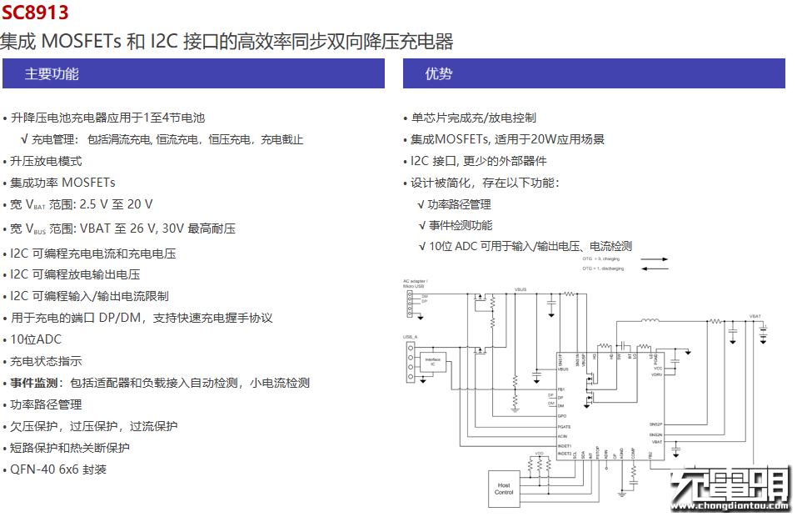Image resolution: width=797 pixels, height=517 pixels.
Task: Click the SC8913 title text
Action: coord(35,13)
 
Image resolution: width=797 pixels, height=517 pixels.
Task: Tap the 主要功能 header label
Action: coord(52,73)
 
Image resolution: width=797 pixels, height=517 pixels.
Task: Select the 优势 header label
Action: coord(439,73)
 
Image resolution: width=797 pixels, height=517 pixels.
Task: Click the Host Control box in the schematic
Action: coord(504,488)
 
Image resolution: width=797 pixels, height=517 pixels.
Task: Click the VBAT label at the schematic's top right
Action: coord(755,317)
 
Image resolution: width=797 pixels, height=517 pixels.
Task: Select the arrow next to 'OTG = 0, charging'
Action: coord(655,259)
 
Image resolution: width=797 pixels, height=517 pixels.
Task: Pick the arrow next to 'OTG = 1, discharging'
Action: coord(655,269)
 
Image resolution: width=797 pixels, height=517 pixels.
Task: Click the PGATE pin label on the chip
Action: coord(564,426)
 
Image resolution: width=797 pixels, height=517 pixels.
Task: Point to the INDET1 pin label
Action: coord(565,446)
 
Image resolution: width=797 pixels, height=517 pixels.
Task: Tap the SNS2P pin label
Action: coord(656,424)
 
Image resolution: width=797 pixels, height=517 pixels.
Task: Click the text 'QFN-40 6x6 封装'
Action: coord(58,469)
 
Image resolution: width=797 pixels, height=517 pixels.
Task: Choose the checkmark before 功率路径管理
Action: coord(421,204)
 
